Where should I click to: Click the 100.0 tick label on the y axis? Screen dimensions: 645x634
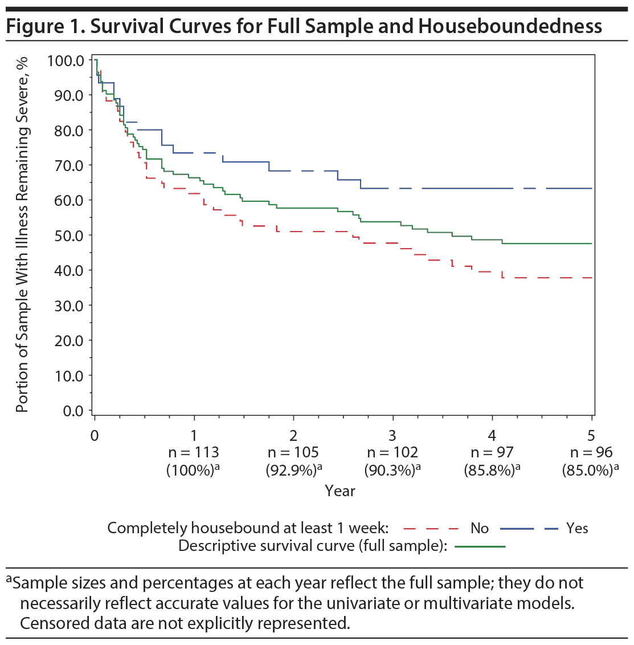pos(66,60)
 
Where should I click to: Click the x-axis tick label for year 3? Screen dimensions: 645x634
pos(392,436)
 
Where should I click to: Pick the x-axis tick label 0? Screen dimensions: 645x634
pos(95,436)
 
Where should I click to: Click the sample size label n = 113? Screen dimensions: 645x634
pos(194,453)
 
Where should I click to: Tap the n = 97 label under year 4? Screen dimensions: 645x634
pos(492,453)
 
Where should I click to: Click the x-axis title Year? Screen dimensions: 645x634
pos(340,490)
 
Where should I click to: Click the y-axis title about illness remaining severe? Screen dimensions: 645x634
pos(22,234)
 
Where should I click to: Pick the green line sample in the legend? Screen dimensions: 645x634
pos(480,546)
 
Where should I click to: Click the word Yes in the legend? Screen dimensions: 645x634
pos(577,528)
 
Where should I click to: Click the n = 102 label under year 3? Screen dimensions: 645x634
pos(392,453)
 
